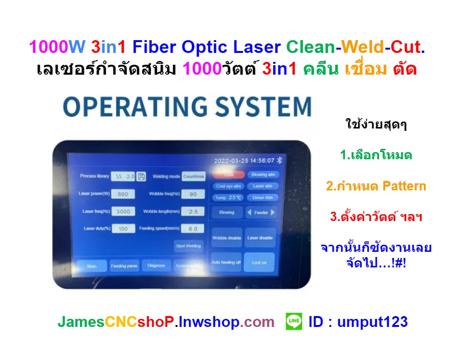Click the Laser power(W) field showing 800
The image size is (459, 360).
(123, 194)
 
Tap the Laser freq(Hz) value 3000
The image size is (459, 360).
(123, 211)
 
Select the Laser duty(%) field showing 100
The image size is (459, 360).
(123, 229)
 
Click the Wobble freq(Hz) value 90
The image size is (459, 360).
(193, 194)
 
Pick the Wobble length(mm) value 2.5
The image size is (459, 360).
(193, 211)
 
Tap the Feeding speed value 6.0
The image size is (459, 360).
(193, 229)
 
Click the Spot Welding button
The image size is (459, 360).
(189, 246)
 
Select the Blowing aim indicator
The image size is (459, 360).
(262, 175)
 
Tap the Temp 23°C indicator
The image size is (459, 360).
(229, 197)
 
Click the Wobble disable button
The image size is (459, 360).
(226, 238)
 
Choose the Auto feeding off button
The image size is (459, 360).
(226, 262)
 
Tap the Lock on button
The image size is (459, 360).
(259, 262)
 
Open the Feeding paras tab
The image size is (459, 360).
(124, 266)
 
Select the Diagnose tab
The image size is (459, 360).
(156, 266)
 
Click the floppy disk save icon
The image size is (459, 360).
(141, 176)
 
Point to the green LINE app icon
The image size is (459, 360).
(294, 322)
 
